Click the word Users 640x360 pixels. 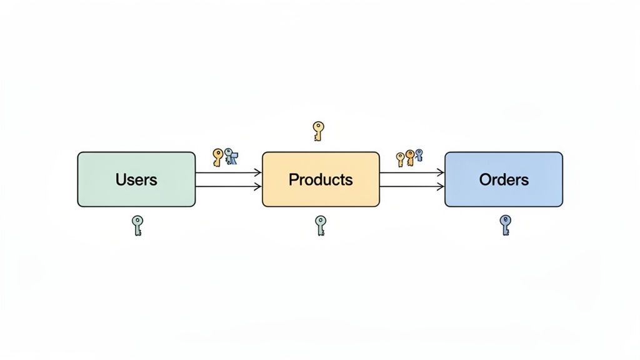pyautogui.click(x=136, y=180)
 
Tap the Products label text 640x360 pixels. pyautogui.click(x=320, y=180)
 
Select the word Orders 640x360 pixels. pyautogui.click(x=504, y=180)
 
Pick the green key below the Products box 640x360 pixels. pyautogui.click(x=320, y=225)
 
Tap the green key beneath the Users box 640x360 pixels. pyautogui.click(x=137, y=225)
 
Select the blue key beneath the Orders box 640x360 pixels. pyautogui.click(x=506, y=224)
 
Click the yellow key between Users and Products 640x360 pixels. pyautogui.click(x=217, y=157)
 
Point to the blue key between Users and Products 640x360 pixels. pyautogui.click(x=231, y=156)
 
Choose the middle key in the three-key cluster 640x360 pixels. pyautogui.click(x=410, y=157)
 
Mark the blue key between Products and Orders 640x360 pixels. pyautogui.click(x=419, y=154)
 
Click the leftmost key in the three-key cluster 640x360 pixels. pyautogui.click(x=401, y=159)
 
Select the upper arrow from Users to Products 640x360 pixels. pyautogui.click(x=227, y=172)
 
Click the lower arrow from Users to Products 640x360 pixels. pyautogui.click(x=227, y=186)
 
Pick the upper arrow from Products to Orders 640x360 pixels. pyautogui.click(x=411, y=172)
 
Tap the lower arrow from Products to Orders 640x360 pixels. pyautogui.click(x=411, y=186)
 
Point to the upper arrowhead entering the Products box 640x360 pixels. pyautogui.click(x=257, y=172)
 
